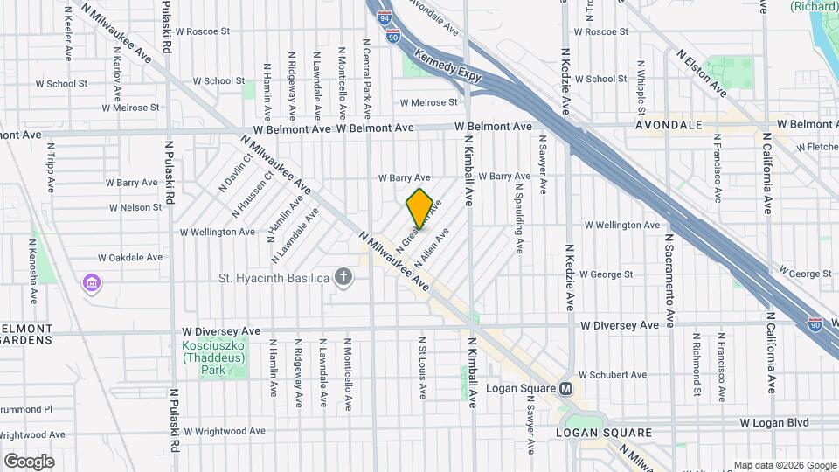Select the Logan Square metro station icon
tap(565, 389)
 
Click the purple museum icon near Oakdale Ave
tap(92, 284)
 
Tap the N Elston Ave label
tap(702, 73)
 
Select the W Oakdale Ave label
tap(130, 258)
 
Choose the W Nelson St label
tap(135, 208)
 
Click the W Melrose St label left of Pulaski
tap(130, 108)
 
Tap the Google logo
tap(29, 461)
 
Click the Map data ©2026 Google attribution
tap(784, 465)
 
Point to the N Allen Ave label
tap(434, 246)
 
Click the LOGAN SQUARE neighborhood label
tap(604, 433)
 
